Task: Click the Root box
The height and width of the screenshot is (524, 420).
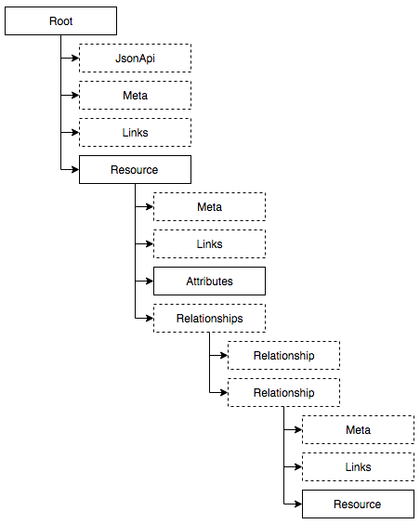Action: (x=60, y=20)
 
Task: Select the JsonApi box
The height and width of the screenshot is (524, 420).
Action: (x=135, y=59)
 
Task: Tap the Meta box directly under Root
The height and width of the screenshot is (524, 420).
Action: (x=135, y=96)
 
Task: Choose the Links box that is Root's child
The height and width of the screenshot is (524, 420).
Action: (x=135, y=132)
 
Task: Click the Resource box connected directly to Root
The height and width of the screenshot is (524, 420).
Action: (x=135, y=169)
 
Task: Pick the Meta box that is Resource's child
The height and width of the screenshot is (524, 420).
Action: (x=209, y=207)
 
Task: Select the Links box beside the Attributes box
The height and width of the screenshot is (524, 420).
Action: (x=209, y=244)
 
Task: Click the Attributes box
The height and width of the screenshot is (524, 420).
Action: (x=209, y=282)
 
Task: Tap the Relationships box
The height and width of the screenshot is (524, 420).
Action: (x=209, y=318)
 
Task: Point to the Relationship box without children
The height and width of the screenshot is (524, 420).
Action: (x=283, y=355)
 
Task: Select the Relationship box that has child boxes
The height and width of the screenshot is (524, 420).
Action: (x=283, y=392)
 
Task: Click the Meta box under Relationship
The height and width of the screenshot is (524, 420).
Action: (x=358, y=430)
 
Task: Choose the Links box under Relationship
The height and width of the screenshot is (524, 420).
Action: (x=358, y=466)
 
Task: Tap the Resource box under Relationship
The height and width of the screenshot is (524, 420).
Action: (x=358, y=504)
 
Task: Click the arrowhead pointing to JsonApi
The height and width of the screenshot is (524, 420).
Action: (x=75, y=59)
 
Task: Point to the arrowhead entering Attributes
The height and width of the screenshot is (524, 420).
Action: (x=150, y=282)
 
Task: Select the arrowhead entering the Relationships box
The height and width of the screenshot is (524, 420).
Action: (x=150, y=318)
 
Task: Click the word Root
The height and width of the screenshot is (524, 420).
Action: (x=60, y=21)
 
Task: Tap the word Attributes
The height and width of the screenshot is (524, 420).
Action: (x=209, y=282)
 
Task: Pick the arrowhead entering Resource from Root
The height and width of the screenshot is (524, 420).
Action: (x=75, y=169)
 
